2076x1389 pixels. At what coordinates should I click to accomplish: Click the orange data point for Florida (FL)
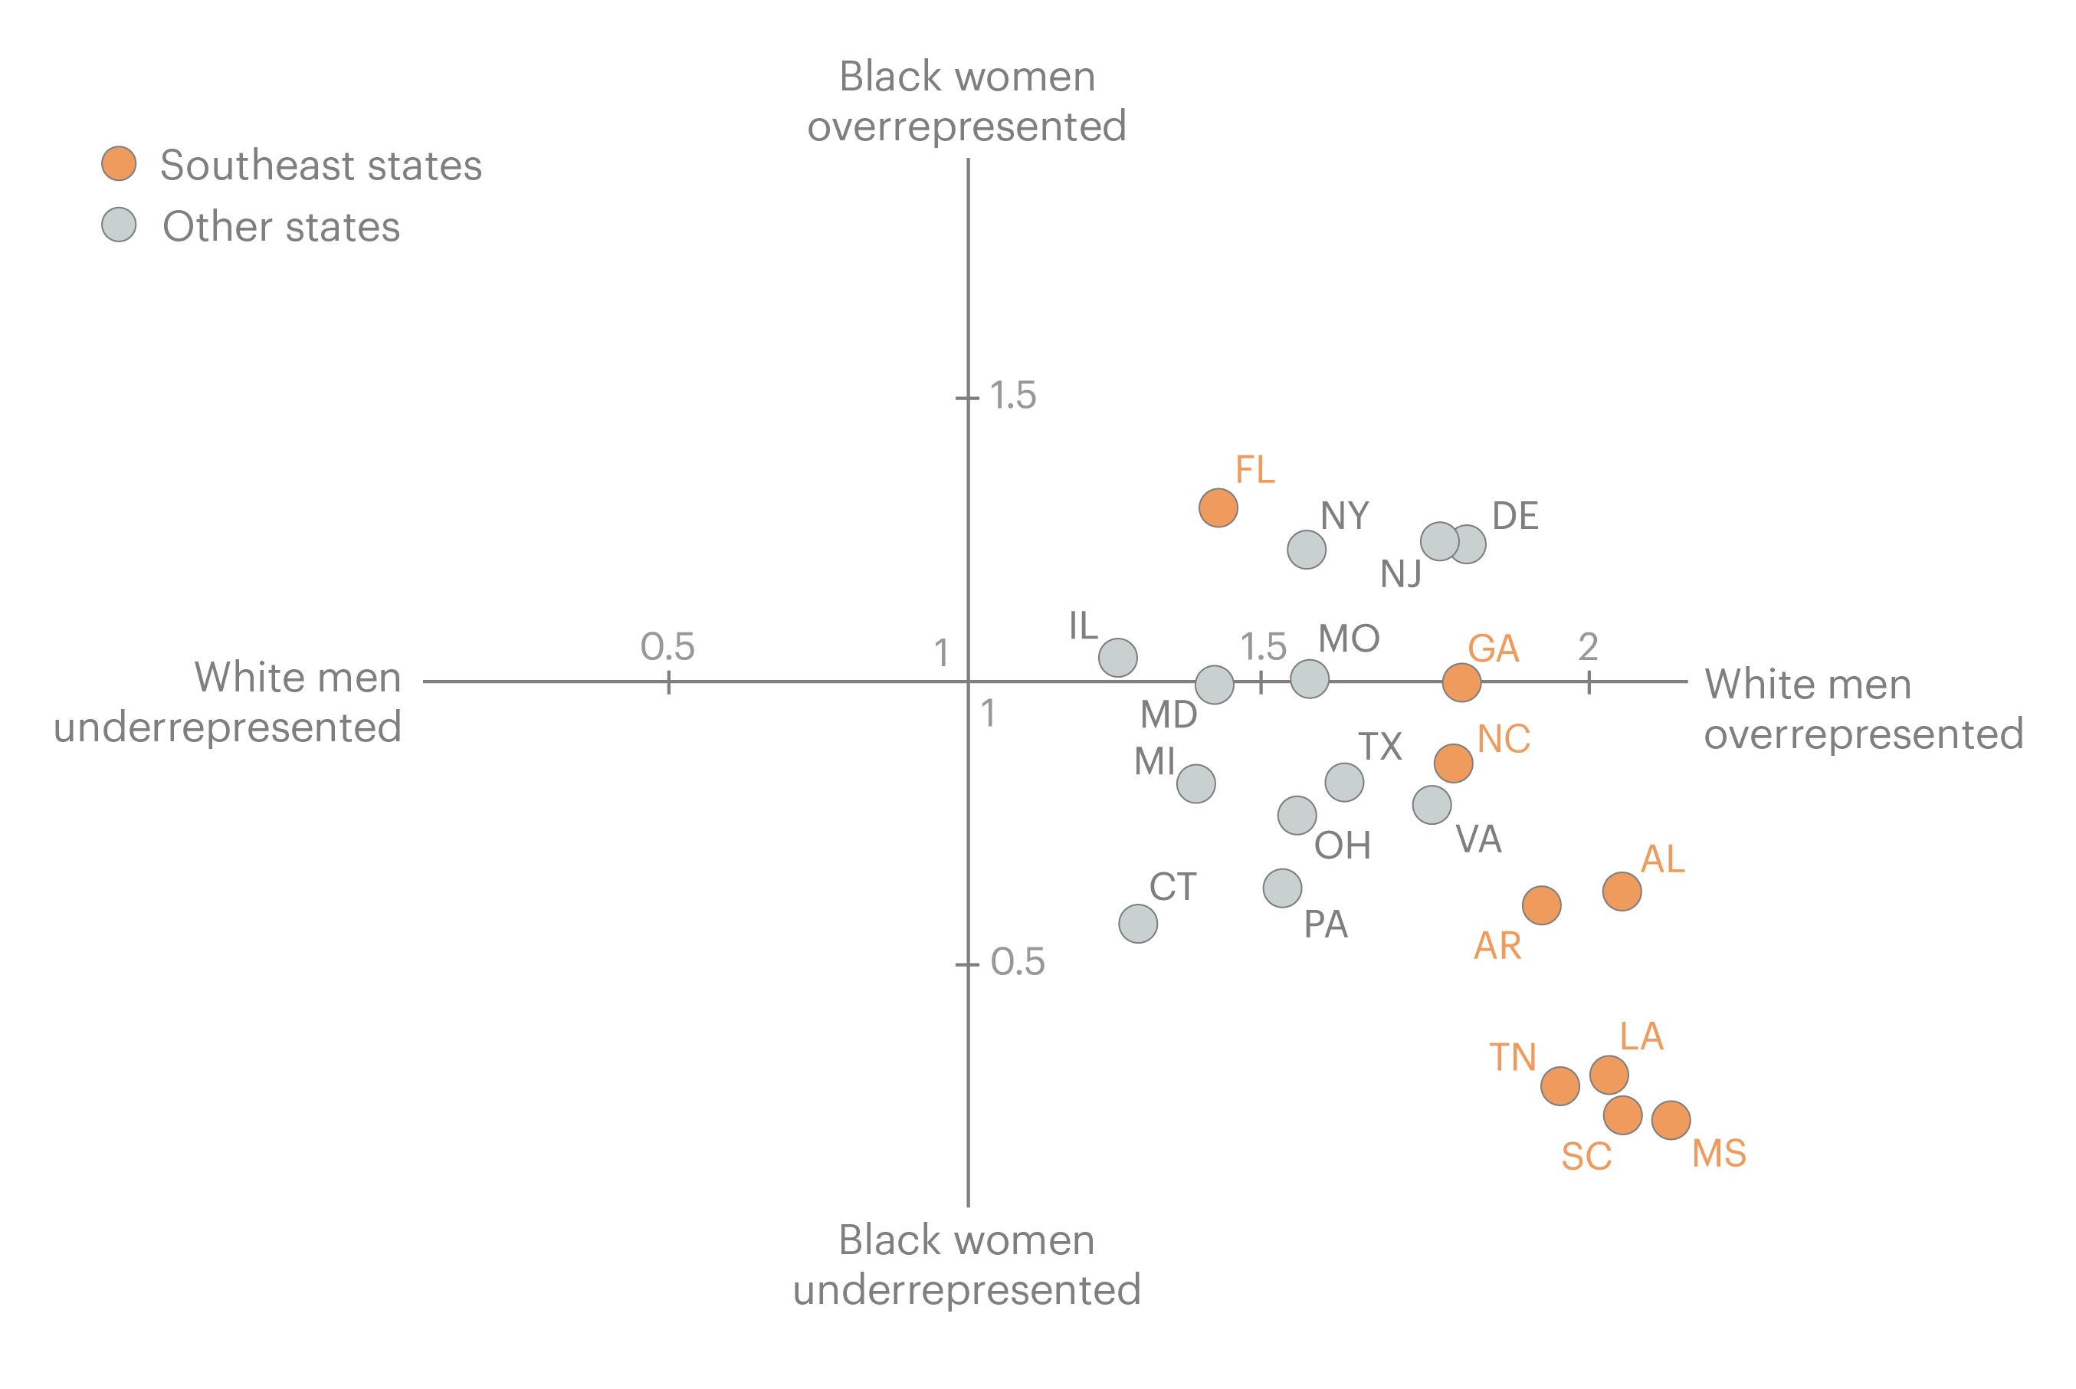[1218, 507]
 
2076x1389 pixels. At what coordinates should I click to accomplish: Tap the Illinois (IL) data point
[1118, 657]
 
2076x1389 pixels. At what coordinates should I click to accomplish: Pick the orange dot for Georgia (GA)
[1461, 682]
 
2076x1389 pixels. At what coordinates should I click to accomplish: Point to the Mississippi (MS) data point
[1671, 1120]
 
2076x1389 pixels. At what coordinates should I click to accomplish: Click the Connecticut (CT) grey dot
[1138, 924]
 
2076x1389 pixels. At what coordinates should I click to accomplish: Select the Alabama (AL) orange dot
[1622, 892]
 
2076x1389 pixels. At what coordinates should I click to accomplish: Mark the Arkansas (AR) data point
[1541, 905]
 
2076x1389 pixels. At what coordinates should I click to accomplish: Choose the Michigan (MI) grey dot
[1195, 784]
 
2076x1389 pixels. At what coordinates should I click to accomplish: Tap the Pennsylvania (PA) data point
[1282, 888]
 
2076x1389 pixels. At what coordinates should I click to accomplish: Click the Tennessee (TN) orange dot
[1559, 1086]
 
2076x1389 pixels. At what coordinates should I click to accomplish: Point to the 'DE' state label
[1515, 517]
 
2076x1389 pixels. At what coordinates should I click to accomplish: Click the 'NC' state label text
[1503, 740]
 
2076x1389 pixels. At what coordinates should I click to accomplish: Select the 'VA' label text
[1478, 839]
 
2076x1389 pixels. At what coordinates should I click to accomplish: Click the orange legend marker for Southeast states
[119, 164]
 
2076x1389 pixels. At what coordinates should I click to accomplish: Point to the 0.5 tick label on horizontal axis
[667, 647]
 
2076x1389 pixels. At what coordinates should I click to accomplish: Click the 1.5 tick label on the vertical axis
[1012, 396]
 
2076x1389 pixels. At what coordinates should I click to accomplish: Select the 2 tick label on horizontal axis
[1588, 647]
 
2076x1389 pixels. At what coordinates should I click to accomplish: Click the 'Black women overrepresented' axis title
[967, 101]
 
